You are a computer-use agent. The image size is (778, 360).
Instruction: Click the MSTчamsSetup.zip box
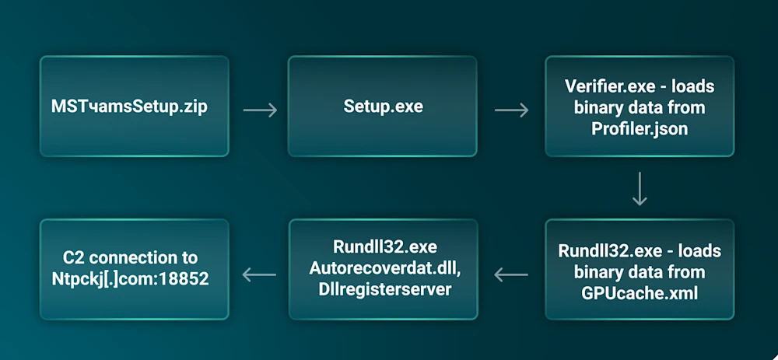coord(134,107)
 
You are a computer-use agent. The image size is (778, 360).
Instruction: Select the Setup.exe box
coord(383,107)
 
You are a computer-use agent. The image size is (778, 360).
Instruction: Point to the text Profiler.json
coord(640,128)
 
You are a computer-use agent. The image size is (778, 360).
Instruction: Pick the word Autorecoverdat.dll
coord(383,268)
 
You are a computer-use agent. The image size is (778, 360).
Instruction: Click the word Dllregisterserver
coord(383,288)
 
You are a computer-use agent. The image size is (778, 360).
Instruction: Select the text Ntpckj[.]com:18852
coord(134,278)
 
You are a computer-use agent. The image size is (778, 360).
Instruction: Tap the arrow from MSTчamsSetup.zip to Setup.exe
coord(260,110)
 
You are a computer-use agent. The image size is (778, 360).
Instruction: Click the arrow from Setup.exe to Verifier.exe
coord(511,110)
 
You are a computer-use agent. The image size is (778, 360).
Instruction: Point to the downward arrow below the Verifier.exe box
coord(640,189)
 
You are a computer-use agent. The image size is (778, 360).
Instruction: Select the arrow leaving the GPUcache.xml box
coord(511,274)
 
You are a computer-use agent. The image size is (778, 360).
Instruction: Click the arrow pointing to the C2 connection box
coord(260,274)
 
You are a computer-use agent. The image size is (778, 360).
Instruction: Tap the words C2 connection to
coord(134,258)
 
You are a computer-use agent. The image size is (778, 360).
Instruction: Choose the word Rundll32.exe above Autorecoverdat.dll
coord(383,247)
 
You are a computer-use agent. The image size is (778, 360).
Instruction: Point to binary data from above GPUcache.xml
coord(640,272)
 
